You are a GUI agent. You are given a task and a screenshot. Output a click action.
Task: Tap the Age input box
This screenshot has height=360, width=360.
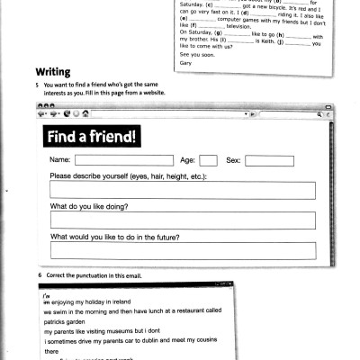point(208,160)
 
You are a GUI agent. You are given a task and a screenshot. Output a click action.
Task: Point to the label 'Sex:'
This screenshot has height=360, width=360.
point(233,160)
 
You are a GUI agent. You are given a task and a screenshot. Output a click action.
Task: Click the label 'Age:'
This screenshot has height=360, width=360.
point(187,160)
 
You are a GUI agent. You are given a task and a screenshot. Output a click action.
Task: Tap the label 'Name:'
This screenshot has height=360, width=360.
point(61,160)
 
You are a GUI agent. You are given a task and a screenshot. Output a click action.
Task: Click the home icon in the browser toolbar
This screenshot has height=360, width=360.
point(85,114)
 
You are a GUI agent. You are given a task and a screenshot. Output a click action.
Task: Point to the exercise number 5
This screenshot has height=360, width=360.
point(38,85)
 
